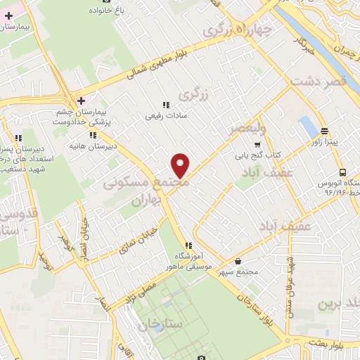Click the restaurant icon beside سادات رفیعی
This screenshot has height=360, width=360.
(x=166, y=105)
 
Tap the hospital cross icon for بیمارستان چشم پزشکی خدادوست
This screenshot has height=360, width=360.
(x=82, y=101)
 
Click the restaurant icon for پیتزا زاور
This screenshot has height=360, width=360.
(x=324, y=131)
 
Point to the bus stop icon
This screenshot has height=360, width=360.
(x=342, y=172)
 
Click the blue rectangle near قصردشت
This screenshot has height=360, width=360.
(x=307, y=127)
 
